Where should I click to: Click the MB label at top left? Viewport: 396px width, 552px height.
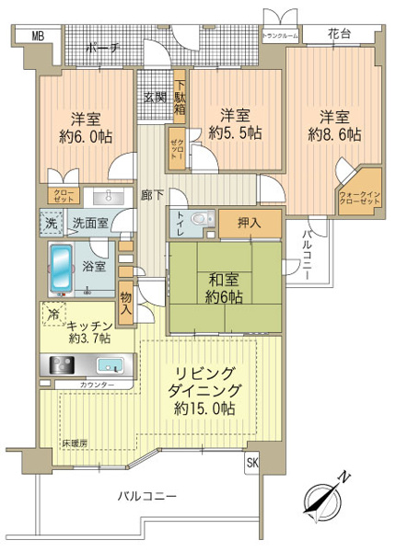coord(37,36)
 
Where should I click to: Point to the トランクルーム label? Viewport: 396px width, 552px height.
coord(280,36)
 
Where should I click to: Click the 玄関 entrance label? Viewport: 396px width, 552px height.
coord(154,96)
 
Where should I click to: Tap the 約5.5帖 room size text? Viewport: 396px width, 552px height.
coord(236,132)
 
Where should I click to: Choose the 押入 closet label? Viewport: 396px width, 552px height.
coord(249,222)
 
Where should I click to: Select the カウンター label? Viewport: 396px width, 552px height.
coord(97,385)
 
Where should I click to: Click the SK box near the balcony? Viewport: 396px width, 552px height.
coord(252,465)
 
